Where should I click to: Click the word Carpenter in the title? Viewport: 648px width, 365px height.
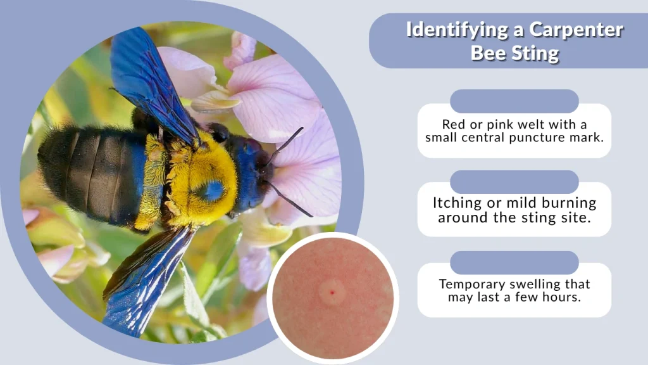pyautogui.click(x=578, y=30)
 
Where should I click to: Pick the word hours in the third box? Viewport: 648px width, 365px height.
pyautogui.click(x=562, y=297)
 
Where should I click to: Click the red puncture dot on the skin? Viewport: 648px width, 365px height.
pyautogui.click(x=330, y=292)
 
